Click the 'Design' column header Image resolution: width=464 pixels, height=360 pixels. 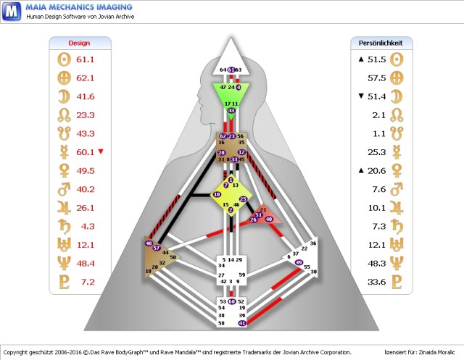pyautogui.click(x=79, y=43)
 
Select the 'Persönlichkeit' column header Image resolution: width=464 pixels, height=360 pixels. pyautogui.click(x=381, y=43)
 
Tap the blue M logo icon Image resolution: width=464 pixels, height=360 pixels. pyautogui.click(x=11, y=12)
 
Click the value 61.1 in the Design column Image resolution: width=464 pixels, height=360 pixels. pyautogui.click(x=86, y=59)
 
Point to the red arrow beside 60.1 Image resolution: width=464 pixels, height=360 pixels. pyautogui.click(x=101, y=151)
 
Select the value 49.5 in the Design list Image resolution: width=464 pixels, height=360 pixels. pyautogui.click(x=86, y=170)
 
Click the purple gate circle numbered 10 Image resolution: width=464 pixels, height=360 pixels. pyautogui.click(x=217, y=195)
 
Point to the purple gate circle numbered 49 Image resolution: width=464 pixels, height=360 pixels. pyautogui.click(x=299, y=262)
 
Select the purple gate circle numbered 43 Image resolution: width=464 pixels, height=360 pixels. pyautogui.click(x=231, y=111)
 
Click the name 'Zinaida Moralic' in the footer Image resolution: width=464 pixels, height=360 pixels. pyautogui.click(x=436, y=350)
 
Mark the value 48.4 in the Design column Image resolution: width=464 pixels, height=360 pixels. pyautogui.click(x=86, y=262)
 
